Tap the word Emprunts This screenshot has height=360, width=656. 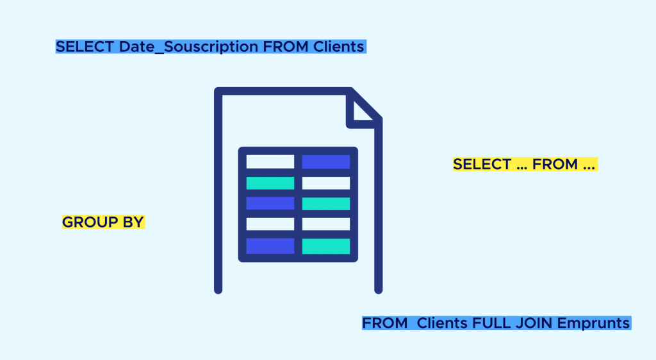point(594,323)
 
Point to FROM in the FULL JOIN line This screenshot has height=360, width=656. point(384,323)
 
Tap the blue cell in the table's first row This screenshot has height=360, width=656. point(326,162)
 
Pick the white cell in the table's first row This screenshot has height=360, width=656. point(270,162)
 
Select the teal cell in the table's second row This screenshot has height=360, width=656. point(270,183)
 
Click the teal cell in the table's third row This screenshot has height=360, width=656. point(326,204)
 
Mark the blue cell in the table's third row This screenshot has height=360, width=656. point(270,204)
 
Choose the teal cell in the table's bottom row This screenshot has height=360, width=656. point(326,246)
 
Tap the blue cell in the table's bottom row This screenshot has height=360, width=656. point(270,246)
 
